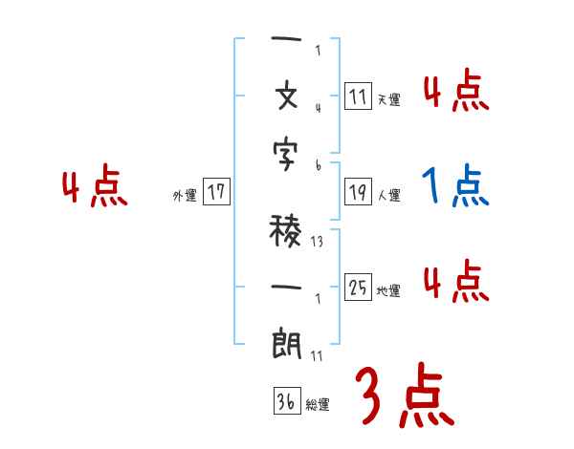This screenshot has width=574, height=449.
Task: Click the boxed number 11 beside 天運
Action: (x=358, y=96)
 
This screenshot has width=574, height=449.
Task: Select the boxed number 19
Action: (x=358, y=192)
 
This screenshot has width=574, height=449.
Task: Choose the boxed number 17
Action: (x=216, y=192)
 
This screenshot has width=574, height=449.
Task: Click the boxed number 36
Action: (x=285, y=402)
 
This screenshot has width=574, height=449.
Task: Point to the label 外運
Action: (x=184, y=195)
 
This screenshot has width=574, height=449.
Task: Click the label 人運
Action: (x=388, y=195)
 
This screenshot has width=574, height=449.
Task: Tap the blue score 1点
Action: (x=455, y=184)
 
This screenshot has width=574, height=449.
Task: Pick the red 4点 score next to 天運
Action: (x=455, y=93)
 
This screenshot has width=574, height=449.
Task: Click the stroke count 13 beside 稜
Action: (x=317, y=242)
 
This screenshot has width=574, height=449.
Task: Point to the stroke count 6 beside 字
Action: (x=317, y=164)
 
